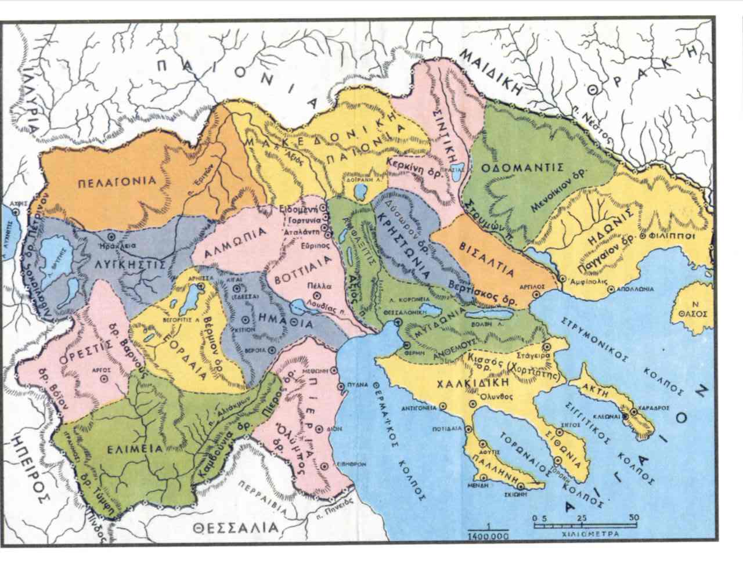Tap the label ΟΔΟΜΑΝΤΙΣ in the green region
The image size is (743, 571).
523,167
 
